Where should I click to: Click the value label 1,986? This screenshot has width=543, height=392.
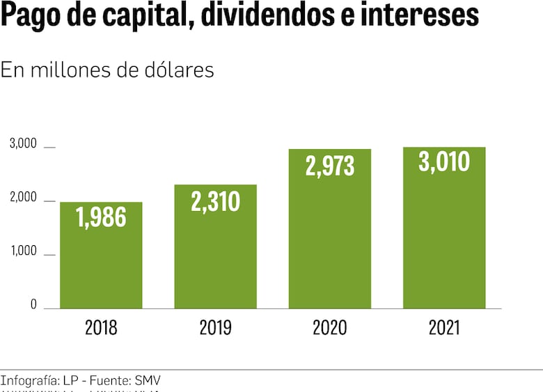[x=101, y=218]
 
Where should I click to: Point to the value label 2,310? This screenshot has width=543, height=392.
[x=215, y=201]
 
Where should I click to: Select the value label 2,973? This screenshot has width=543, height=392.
[x=329, y=166]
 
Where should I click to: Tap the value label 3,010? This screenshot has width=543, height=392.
[x=444, y=162]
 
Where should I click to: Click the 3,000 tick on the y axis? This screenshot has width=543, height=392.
[x=22, y=144]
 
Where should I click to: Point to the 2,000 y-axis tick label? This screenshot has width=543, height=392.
[x=22, y=198]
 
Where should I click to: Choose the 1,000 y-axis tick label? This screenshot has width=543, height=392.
[x=22, y=251]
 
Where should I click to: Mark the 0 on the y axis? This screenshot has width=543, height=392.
[x=33, y=305]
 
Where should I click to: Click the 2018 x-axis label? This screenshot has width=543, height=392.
[x=101, y=328]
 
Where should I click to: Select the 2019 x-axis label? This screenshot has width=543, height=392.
[x=215, y=328]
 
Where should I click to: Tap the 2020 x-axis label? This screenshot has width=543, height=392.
[x=329, y=328]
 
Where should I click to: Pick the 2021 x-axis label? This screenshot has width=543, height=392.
[x=444, y=328]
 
